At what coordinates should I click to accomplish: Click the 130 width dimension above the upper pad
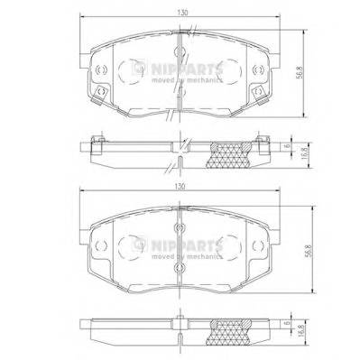click(x=182, y=13)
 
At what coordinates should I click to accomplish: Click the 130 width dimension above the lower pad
click(x=180, y=186)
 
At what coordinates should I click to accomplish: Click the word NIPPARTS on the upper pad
click(x=187, y=69)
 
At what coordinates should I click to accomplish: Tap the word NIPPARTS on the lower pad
click(x=187, y=245)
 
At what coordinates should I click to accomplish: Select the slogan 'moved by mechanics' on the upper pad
click(x=187, y=80)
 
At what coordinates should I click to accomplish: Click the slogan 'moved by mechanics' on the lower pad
click(x=187, y=256)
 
